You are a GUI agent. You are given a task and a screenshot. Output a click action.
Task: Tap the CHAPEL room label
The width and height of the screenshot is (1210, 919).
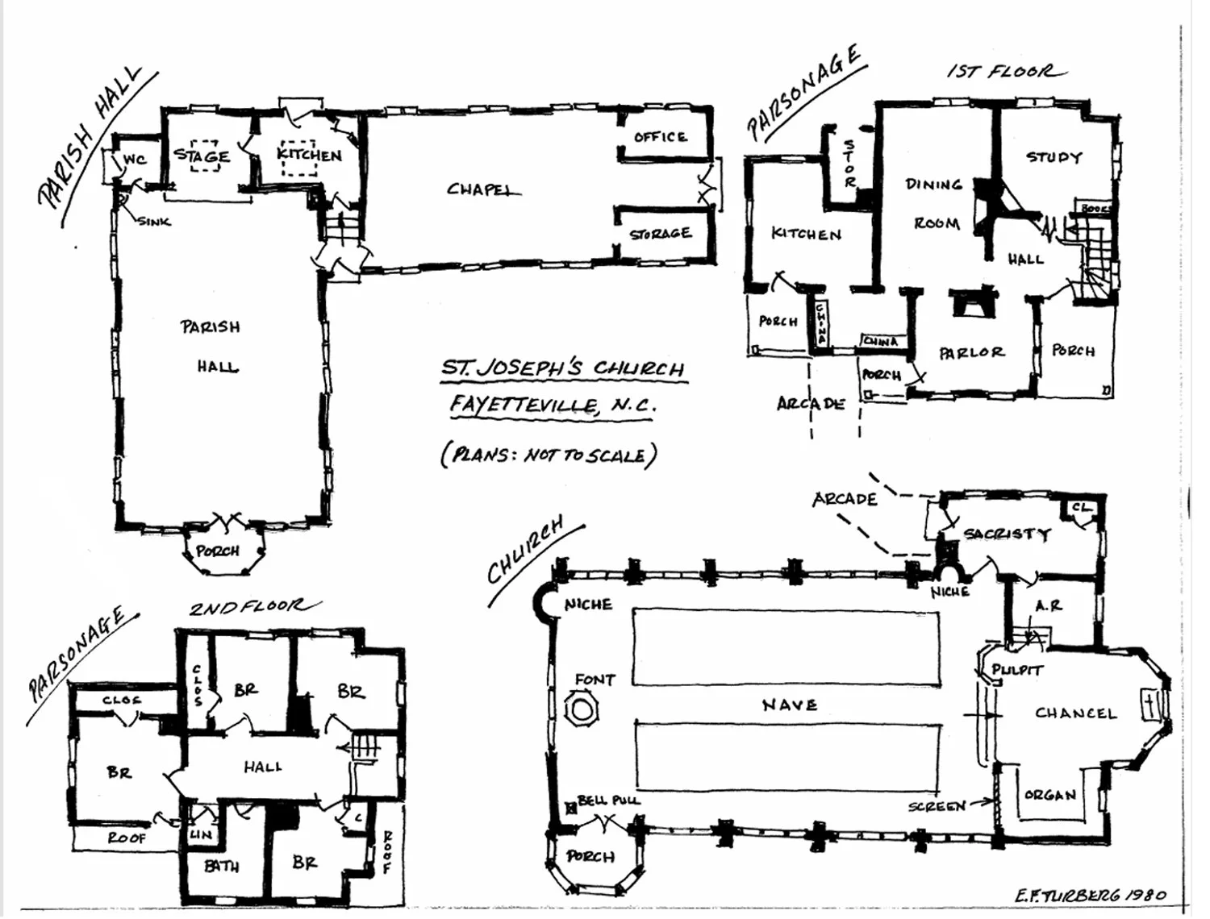tap(482, 190)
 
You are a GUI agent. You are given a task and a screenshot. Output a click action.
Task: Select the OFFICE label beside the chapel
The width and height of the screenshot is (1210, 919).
tap(660, 136)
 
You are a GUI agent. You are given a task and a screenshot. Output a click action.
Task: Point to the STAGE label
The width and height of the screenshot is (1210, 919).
tap(202, 156)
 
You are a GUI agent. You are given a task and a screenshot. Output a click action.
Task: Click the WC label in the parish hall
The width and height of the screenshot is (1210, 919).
tap(135, 160)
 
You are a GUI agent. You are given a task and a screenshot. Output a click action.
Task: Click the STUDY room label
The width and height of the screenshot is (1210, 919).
tap(1054, 157)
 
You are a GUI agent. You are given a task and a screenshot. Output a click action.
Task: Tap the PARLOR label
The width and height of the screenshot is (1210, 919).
tap(971, 352)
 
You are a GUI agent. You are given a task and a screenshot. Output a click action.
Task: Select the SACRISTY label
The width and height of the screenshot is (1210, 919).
tap(1007, 534)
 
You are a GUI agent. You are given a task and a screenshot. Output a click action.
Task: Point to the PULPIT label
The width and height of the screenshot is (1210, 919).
tap(1017, 670)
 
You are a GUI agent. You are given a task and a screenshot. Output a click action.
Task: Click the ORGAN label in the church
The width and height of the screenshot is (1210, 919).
tap(1049, 795)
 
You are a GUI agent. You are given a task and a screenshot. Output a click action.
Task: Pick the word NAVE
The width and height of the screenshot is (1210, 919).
tap(790, 705)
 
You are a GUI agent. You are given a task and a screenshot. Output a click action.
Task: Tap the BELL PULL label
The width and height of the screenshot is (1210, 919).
tap(608, 800)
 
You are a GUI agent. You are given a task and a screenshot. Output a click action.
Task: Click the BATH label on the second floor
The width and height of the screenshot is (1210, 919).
tap(221, 866)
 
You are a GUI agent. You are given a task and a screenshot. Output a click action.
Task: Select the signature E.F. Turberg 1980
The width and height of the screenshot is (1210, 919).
tap(1091, 896)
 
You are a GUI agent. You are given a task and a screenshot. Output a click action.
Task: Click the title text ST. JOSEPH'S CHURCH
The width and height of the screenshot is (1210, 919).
tap(562, 368)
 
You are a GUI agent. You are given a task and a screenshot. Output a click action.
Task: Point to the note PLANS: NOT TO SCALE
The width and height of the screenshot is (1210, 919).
tap(549, 455)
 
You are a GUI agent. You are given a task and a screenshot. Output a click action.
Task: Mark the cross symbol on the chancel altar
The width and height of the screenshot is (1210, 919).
tap(1149, 705)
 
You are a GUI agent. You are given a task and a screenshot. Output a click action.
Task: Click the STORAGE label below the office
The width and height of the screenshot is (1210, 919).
tap(661, 234)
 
